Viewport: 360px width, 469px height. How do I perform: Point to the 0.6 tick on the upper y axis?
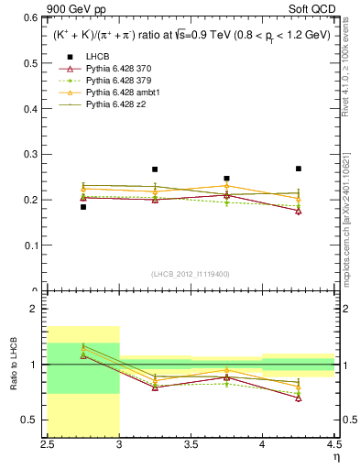click(x=33, y=17)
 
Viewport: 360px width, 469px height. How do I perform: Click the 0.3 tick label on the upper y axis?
click(x=33, y=154)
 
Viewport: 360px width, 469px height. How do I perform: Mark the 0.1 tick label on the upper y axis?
click(x=33, y=245)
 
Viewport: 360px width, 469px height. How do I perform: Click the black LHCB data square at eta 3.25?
click(x=155, y=169)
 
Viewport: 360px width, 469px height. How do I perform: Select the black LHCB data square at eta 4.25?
click(x=299, y=169)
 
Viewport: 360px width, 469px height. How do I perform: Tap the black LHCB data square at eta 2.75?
click(x=83, y=207)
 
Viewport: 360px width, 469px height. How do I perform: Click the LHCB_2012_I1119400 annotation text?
click(x=191, y=274)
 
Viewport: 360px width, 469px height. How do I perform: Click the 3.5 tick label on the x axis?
click(x=191, y=444)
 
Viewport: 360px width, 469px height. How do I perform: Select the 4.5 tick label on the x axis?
click(x=333, y=444)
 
